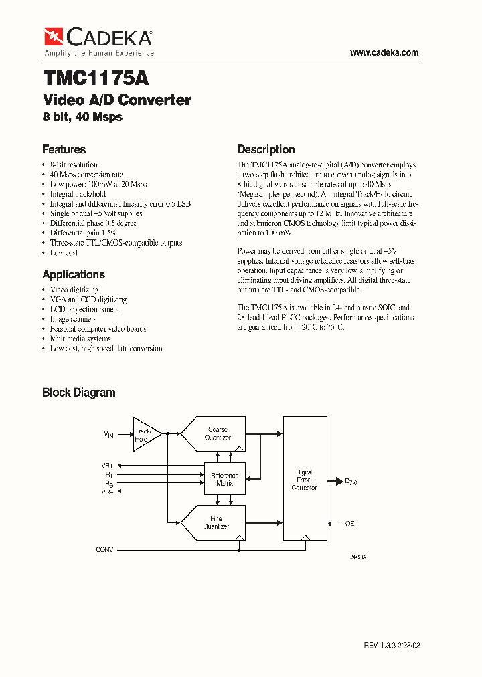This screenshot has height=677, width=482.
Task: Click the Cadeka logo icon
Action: coord(53,36)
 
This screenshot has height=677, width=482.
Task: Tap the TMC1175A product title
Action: coord(96,78)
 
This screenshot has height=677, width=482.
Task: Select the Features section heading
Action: coord(64,149)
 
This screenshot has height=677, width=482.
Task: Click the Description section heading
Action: coord(266,149)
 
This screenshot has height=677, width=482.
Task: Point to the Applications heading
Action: coord(74,274)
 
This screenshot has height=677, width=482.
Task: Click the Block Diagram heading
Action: coord(79,393)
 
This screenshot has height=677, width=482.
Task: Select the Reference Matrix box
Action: coord(224,479)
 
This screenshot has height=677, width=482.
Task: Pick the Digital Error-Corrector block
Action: coord(305,480)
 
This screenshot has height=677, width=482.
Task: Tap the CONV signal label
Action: coord(105,549)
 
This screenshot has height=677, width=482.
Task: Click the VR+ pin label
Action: coord(107,464)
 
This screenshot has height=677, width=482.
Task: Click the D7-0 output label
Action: coord(351,481)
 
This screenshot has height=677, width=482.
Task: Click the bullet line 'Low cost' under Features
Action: coord(64,253)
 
